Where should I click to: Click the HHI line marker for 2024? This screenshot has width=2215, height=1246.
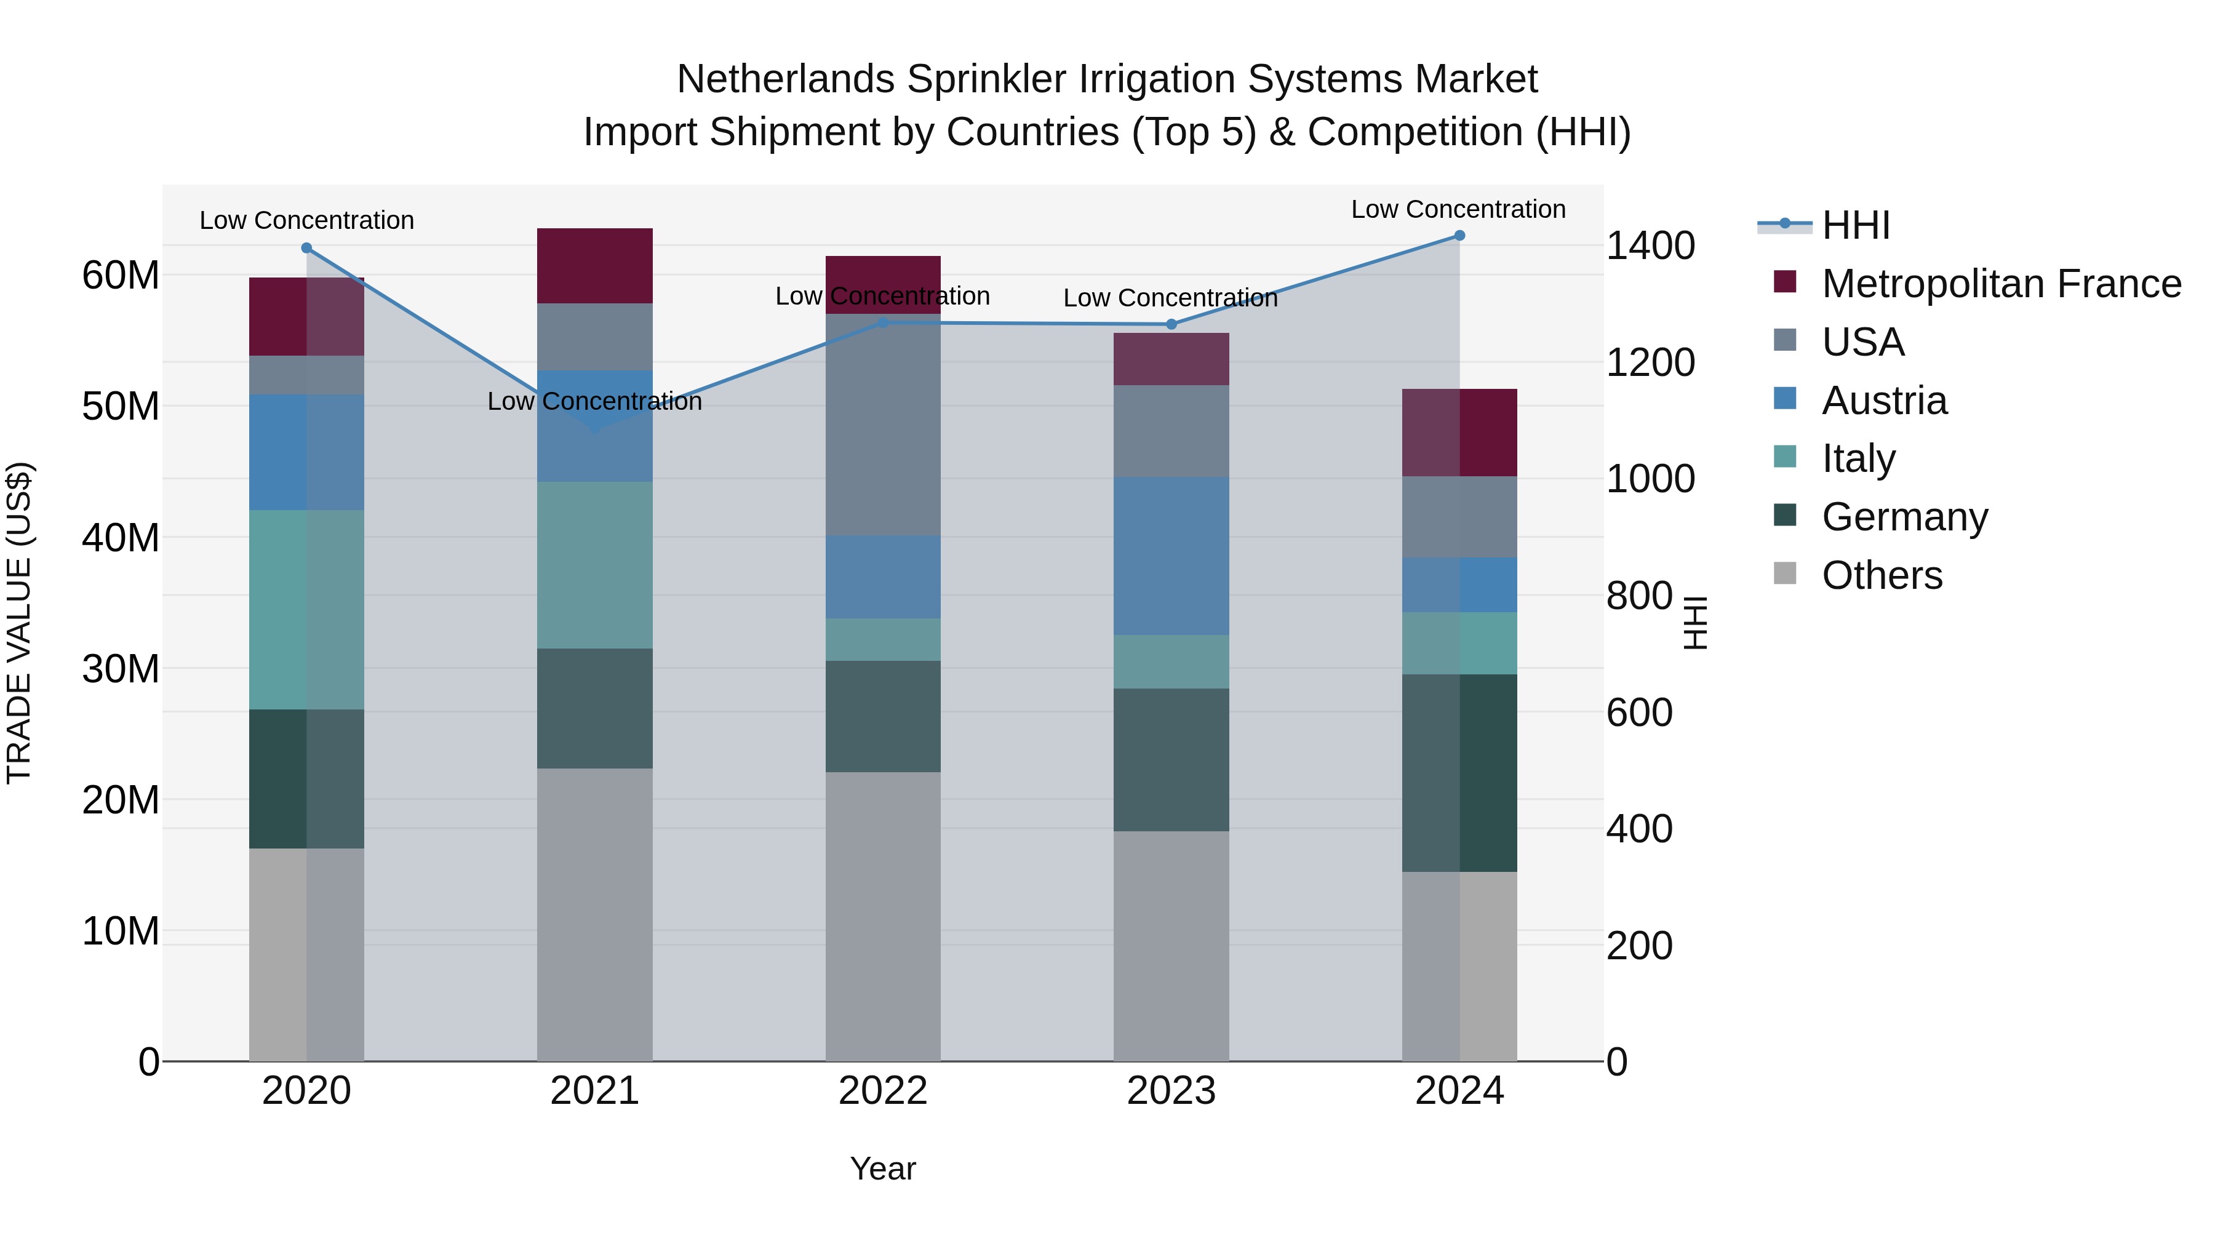[x=1459, y=236]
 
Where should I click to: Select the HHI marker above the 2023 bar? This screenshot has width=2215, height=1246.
[x=1171, y=324]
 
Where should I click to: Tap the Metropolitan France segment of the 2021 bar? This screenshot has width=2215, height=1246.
[x=595, y=266]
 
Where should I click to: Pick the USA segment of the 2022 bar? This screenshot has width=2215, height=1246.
[x=883, y=425]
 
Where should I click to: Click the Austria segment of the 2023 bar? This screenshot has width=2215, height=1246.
[x=1171, y=556]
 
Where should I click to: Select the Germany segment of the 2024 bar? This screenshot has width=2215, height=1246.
[x=1459, y=773]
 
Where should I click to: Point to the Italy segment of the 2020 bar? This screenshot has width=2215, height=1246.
[x=307, y=610]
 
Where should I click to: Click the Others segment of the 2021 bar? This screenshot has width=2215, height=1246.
[x=595, y=914]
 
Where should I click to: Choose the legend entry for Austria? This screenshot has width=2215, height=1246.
[x=1883, y=401]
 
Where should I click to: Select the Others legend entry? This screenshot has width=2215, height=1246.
[x=1882, y=575]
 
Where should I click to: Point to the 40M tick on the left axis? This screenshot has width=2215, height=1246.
[x=121, y=538]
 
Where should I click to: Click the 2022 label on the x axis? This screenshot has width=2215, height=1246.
[x=883, y=1091]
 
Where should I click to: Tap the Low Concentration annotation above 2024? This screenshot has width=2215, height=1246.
[x=1458, y=209]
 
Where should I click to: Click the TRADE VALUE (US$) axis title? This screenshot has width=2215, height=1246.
[x=19, y=623]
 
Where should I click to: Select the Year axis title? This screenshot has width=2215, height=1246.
[x=883, y=1168]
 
